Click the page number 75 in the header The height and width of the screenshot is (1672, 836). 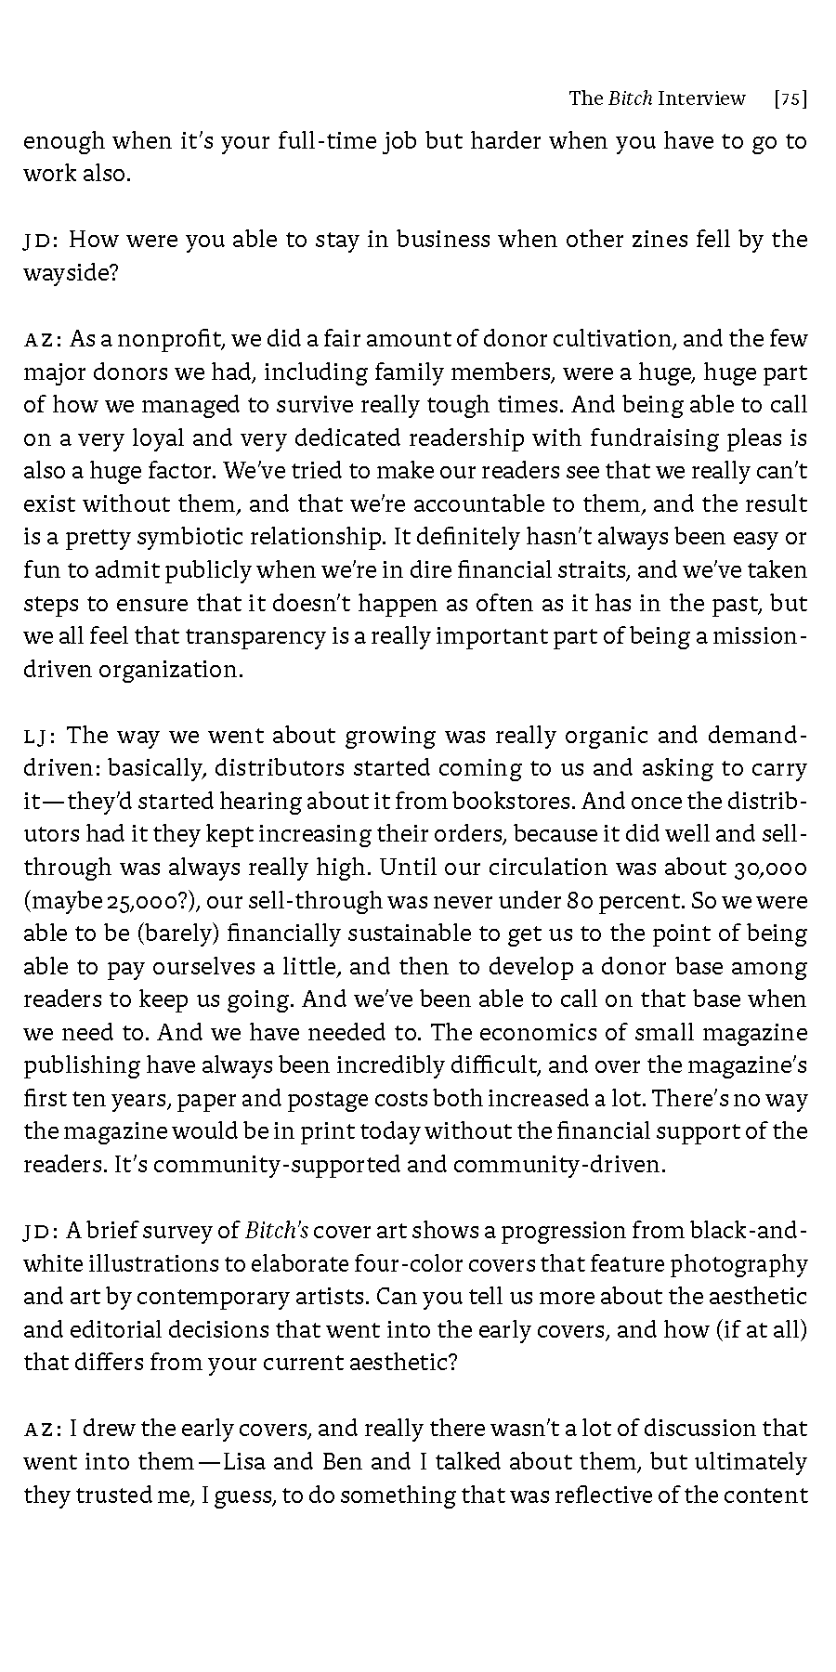point(790,98)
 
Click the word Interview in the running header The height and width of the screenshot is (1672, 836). point(701,98)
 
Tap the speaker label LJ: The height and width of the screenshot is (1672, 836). point(41,737)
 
